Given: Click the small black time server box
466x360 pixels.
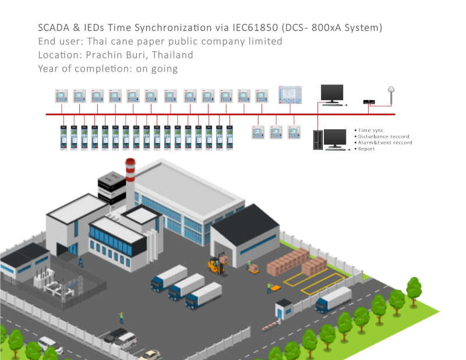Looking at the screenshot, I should tap(368, 102).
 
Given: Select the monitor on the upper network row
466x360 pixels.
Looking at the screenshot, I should tap(332, 93).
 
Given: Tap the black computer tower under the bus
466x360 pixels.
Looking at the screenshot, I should tap(318, 139).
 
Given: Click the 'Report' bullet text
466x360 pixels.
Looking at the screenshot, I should tap(367, 149).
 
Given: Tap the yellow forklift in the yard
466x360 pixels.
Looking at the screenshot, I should tap(217, 264).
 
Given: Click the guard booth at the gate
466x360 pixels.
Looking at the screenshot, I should tap(284, 309).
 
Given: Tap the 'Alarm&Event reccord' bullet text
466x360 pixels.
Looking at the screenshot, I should tap(385, 143).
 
